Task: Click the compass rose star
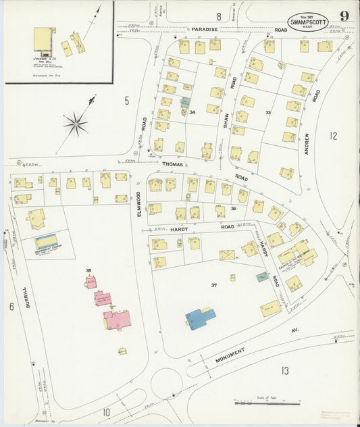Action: (x=75, y=123)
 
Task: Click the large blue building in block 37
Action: (x=201, y=318)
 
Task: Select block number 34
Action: (x=192, y=112)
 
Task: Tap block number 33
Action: (x=268, y=112)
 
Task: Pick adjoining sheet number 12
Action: (x=333, y=136)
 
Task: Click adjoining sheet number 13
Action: (x=285, y=370)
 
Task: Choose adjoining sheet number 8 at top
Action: (x=219, y=16)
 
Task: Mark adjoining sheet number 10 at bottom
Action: (x=106, y=411)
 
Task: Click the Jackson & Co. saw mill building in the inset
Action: (x=45, y=41)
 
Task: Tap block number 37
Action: (x=214, y=286)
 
